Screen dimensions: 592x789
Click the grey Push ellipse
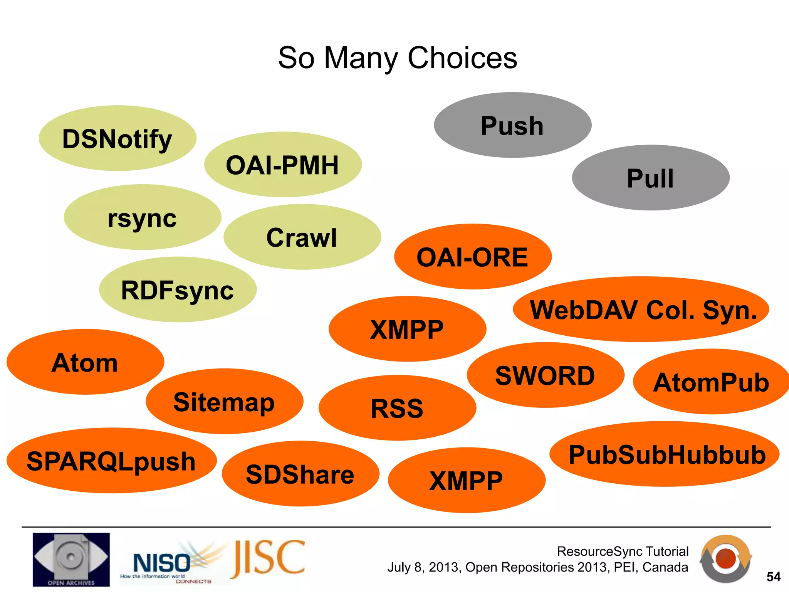pyautogui.click(x=512, y=125)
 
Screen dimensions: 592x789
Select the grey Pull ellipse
pyautogui.click(x=651, y=178)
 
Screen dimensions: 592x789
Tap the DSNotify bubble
pyautogui.click(x=118, y=138)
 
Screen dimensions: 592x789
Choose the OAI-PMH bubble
pyautogui.click(x=282, y=165)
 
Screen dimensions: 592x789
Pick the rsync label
pyautogui.click(x=142, y=218)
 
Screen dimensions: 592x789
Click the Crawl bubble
pyautogui.click(x=302, y=237)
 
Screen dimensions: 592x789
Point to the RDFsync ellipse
pyautogui.click(x=178, y=290)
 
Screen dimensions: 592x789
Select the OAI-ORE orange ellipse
pyautogui.click(x=473, y=257)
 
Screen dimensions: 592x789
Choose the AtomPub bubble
pyautogui.click(x=711, y=382)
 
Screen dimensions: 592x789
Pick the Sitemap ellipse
pyautogui.click(x=224, y=402)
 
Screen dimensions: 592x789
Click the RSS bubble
pyautogui.click(x=397, y=408)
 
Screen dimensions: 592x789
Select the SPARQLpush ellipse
pyautogui.click(x=111, y=461)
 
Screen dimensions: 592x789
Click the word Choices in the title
pyautogui.click(x=462, y=58)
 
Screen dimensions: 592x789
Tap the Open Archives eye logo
pyautogui.click(x=71, y=559)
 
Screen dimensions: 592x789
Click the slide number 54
pyautogui.click(x=773, y=577)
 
